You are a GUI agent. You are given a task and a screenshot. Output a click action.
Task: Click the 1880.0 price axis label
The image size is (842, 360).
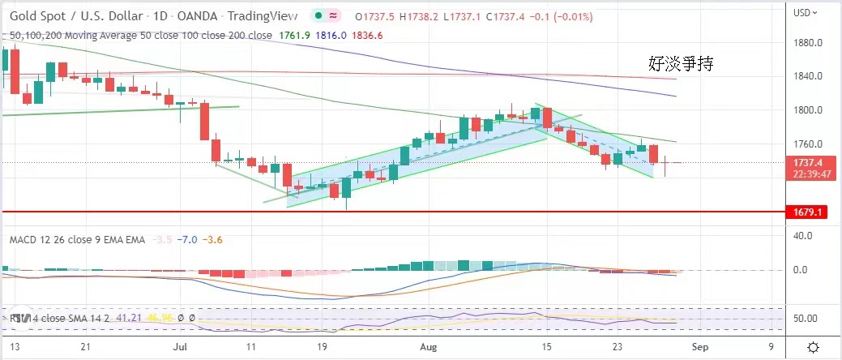coord(810,43)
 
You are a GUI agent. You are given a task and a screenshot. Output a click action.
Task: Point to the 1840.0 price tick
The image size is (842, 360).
coord(810,76)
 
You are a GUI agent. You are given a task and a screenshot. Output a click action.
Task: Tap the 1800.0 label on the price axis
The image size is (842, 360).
coord(810,110)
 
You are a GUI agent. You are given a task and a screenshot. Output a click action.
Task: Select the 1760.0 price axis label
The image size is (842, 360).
coord(810,144)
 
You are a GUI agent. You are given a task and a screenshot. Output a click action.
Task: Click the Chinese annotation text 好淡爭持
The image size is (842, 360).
coord(680,63)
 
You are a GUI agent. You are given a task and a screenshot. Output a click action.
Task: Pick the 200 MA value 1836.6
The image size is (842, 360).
coord(367,36)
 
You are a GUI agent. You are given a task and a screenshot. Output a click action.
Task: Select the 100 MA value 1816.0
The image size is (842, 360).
coord(331,36)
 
